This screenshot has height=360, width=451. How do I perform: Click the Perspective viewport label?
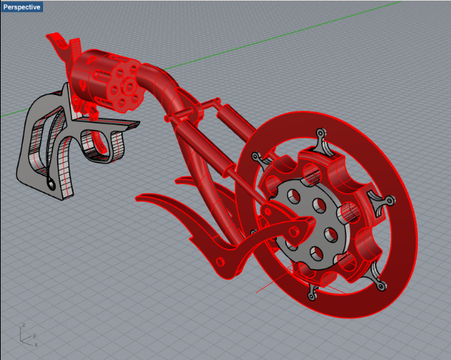pos(22,7)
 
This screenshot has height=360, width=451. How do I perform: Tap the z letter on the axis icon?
pos(23,325)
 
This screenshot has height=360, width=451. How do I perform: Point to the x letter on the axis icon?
pos(36,345)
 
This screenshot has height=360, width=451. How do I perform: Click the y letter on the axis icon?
pos(35,335)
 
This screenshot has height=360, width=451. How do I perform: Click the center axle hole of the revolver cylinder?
pos(130,86)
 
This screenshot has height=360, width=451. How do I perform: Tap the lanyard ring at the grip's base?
pos(51,183)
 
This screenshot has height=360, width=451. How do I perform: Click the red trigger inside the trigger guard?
pos(100,142)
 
